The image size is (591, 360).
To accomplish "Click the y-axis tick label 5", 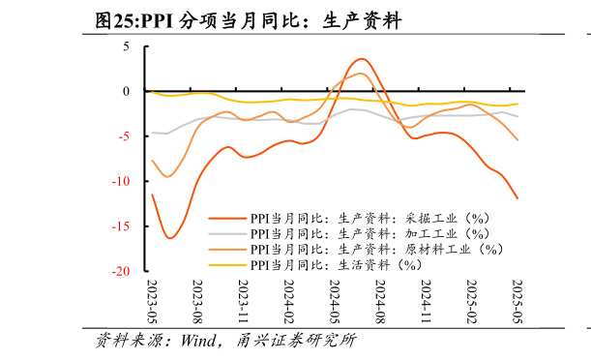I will (x=126, y=46).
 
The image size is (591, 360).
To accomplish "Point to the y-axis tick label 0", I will (x=126, y=91).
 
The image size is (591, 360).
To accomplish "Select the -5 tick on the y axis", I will (x=124, y=136).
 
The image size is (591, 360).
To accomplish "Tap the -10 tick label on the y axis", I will (x=121, y=182).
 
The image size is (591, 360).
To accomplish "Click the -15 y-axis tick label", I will (x=121, y=226).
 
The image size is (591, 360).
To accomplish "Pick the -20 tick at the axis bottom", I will (x=121, y=272).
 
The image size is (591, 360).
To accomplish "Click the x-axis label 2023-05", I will (x=152, y=304).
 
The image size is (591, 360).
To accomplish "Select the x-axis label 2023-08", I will (x=197, y=304).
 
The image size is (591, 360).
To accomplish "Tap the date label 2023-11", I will (x=243, y=304).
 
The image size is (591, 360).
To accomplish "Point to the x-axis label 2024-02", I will (x=288, y=304).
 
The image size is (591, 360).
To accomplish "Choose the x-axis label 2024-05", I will (x=334, y=304).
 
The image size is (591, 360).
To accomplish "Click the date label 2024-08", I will (x=380, y=304).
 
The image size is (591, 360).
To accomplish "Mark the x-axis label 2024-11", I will (x=426, y=304).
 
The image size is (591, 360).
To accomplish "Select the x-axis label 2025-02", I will (x=471, y=304).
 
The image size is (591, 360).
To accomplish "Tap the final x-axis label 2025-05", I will (x=517, y=304).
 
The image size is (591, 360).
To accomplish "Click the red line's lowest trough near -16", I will (x=170, y=238).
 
